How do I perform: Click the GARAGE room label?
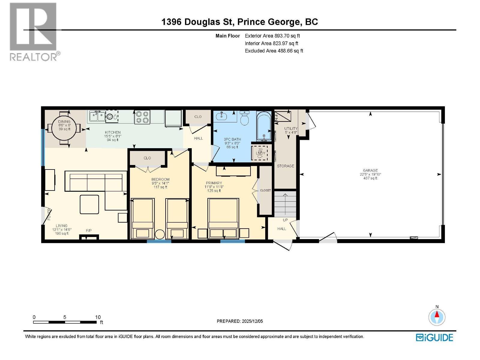[370, 170]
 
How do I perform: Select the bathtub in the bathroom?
[264, 126]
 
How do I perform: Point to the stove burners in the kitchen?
[142, 117]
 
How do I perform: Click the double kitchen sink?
[97, 116]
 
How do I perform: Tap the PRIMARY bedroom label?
[214, 183]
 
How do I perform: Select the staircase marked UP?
[285, 204]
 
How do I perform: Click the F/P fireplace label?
[89, 230]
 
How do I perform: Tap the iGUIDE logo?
[434, 337]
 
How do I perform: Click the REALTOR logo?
[33, 31]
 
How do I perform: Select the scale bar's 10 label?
[98, 317]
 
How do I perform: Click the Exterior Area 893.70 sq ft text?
[272, 36]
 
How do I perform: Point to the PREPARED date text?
[240, 321]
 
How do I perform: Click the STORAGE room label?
[285, 166]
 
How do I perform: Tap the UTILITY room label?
[291, 129]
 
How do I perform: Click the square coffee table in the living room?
[89, 204]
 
